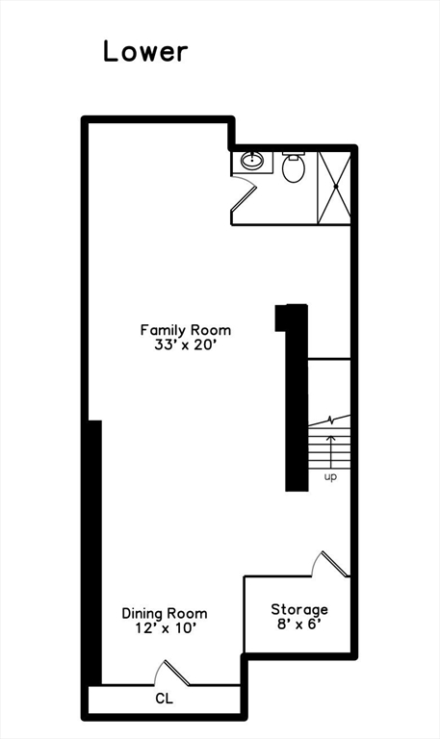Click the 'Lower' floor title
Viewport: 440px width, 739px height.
point(145,51)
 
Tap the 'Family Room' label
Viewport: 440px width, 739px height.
point(185,330)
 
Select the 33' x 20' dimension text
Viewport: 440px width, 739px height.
point(185,345)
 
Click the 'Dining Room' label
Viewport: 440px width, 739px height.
point(164,613)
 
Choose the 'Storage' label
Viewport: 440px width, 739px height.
point(298,609)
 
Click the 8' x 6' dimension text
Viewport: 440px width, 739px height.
point(298,624)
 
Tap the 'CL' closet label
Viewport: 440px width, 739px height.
point(164,699)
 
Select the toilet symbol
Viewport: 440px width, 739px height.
point(294,168)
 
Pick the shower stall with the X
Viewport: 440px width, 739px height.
point(334,187)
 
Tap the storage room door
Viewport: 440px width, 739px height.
point(333,565)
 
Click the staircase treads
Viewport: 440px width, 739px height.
point(328,447)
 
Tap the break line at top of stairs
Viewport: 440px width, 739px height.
point(330,420)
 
